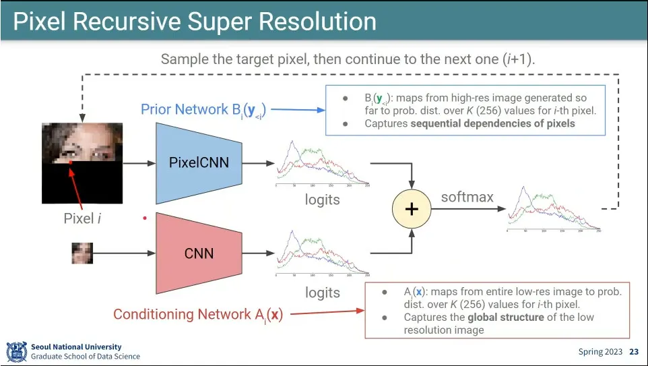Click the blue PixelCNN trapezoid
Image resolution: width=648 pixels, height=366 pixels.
pyautogui.click(x=199, y=163)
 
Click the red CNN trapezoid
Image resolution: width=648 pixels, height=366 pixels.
pyautogui.click(x=199, y=253)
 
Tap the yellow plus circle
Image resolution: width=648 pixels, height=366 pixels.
pyautogui.click(x=411, y=209)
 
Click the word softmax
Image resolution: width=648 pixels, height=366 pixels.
pyautogui.click(x=467, y=197)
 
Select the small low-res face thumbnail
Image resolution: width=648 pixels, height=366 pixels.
pyautogui.click(x=82, y=253)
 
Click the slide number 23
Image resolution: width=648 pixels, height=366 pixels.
pyautogui.click(x=634, y=352)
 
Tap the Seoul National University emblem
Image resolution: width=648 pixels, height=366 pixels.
pyautogui.click(x=16, y=352)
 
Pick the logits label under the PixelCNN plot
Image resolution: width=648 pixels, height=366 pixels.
pyautogui.click(x=323, y=200)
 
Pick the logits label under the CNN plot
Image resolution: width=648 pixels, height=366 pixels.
pyautogui.click(x=323, y=293)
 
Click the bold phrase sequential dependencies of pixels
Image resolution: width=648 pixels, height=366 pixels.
pyautogui.click(x=469, y=123)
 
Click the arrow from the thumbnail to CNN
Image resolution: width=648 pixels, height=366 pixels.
pyautogui.click(x=124, y=253)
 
